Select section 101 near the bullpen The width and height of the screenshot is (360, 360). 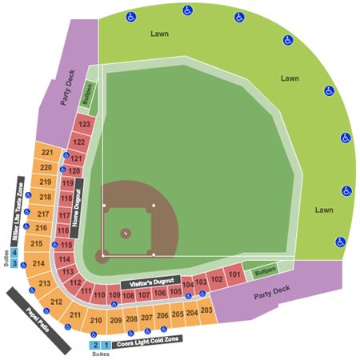(234, 276)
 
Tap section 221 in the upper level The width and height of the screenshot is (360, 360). (47, 153)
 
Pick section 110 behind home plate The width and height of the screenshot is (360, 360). (99, 296)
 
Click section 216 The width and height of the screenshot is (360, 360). (41, 228)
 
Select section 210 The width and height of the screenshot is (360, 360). (96, 320)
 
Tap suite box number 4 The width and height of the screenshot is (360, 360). (14, 253)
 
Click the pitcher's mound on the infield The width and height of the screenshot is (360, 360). (126, 233)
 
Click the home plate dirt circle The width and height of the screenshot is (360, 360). (102, 257)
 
